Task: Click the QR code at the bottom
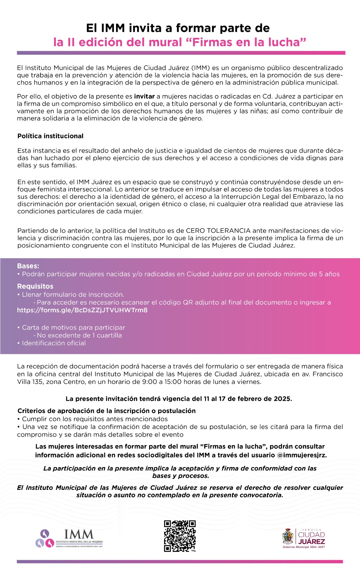(x=180, y=536)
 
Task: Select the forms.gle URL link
(x=82, y=310)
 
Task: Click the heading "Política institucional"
(x=50, y=136)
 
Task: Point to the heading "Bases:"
(x=28, y=266)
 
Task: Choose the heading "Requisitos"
(x=35, y=286)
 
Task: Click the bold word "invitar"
(x=144, y=96)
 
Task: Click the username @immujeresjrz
(x=302, y=455)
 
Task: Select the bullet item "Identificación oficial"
(x=54, y=343)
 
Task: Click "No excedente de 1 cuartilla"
(x=79, y=335)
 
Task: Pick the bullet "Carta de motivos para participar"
(x=73, y=327)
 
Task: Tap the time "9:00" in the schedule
(x=149, y=382)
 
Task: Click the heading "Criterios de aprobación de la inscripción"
(x=106, y=411)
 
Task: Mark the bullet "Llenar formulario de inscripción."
(x=73, y=294)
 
